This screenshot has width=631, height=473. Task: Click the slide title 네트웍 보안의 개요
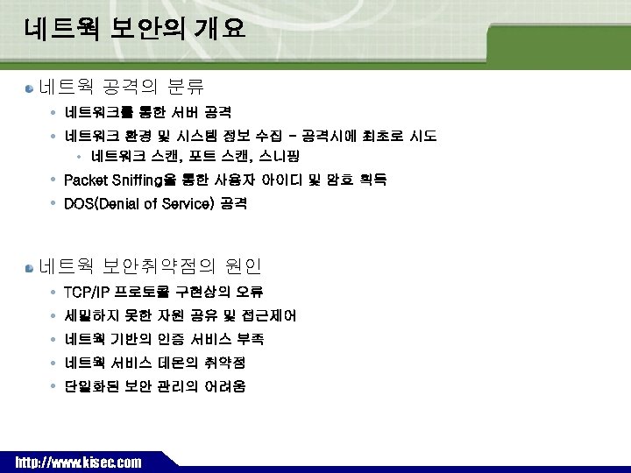click(135, 29)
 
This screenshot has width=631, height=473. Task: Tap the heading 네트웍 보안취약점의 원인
click(151, 265)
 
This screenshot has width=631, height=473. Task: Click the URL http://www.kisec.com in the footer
click(78, 462)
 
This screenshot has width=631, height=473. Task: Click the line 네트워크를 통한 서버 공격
click(148, 113)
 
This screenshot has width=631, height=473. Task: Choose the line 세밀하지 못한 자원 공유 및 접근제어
click(181, 315)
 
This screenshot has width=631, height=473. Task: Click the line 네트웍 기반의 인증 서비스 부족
click(165, 339)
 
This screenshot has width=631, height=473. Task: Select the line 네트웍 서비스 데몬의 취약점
click(155, 363)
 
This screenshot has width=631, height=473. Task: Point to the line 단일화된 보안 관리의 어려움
click(155, 386)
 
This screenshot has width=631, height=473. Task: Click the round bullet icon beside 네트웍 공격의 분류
click(30, 88)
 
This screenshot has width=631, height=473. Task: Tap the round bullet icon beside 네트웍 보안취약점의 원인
click(30, 266)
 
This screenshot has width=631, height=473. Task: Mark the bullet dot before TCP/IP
click(54, 292)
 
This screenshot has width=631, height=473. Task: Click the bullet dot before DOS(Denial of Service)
click(54, 204)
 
